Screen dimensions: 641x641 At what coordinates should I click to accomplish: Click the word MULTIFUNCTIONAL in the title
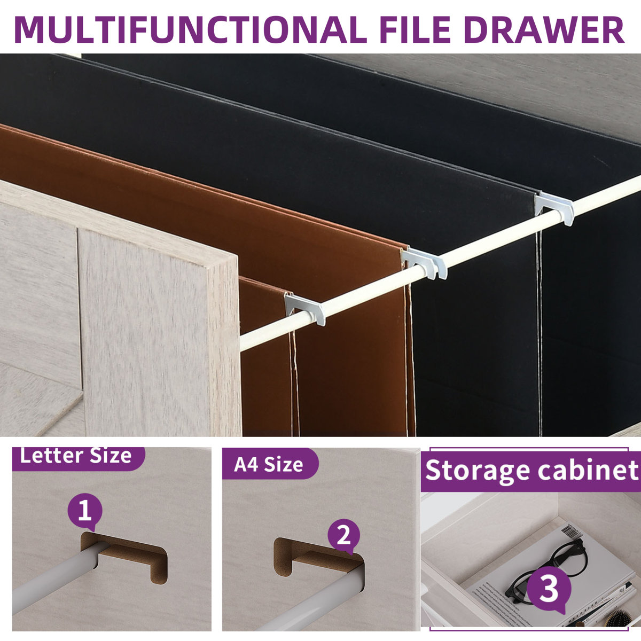(189, 29)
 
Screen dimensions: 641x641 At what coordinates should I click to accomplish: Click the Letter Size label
(76, 456)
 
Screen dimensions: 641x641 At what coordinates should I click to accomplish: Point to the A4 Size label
(268, 464)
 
